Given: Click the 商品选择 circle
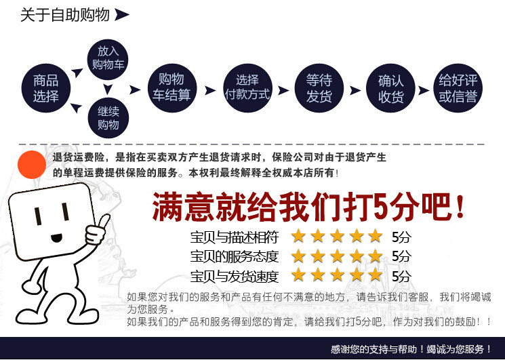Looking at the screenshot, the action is [x=46, y=88].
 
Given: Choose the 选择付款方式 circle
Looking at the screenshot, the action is [x=247, y=88].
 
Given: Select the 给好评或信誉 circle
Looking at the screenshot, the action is [x=458, y=88].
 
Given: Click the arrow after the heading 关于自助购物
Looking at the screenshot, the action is [x=122, y=14].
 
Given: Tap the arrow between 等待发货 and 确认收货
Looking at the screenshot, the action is [x=355, y=89].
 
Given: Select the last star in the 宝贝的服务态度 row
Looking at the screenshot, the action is [x=375, y=256].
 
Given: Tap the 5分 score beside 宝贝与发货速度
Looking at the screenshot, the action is [x=401, y=276].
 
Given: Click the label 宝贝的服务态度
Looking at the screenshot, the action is [x=235, y=256].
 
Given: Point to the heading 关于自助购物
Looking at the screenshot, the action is [x=64, y=14].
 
